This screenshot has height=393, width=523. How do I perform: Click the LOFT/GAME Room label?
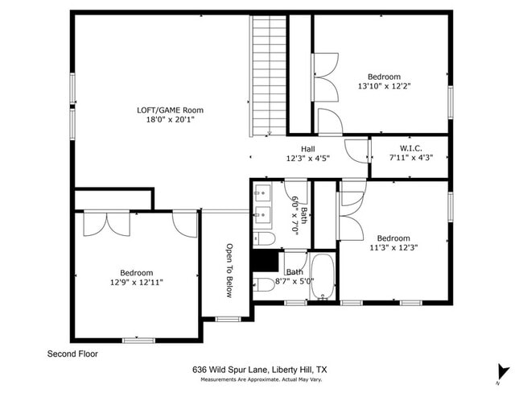point(169,110)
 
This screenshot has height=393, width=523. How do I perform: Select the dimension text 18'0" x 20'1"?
point(169,119)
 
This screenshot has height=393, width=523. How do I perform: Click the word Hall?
point(308,149)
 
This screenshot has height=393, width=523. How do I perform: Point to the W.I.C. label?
point(410,148)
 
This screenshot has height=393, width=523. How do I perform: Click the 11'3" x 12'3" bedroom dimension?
point(393,248)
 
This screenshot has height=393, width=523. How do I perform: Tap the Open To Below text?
point(229,271)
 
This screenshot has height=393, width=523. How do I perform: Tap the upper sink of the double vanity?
point(262,193)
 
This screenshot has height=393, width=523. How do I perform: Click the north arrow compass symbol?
point(503,371)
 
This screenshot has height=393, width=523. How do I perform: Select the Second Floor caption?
point(72,354)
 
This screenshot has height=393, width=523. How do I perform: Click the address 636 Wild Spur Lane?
point(259,370)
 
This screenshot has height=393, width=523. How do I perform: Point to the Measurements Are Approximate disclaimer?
point(259,379)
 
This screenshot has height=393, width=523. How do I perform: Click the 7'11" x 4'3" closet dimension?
point(410,158)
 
